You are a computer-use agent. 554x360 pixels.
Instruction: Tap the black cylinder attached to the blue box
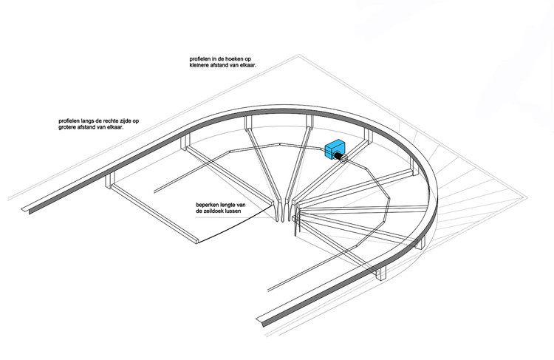point(338,157)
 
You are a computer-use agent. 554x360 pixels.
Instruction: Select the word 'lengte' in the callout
point(226,205)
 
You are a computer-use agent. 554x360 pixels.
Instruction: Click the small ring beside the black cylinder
point(346,158)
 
